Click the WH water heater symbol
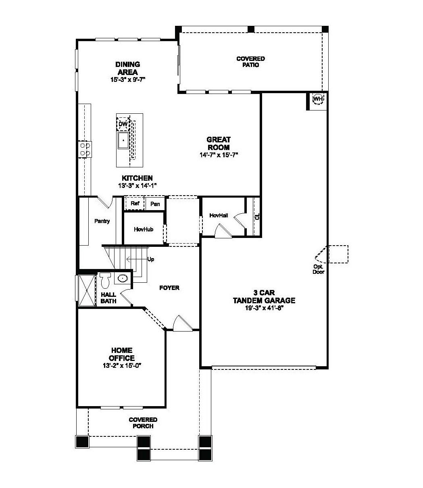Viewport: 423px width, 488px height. click(318, 99)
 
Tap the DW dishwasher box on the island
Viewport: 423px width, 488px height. click(123, 125)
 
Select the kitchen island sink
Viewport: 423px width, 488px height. click(123, 140)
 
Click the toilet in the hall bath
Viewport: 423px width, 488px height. click(106, 279)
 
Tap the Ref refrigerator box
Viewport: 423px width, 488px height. click(135, 204)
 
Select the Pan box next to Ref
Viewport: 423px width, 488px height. click(155, 204)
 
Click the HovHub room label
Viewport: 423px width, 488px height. click(144, 229)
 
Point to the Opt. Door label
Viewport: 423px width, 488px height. click(319, 269)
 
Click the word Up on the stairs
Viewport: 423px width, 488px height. click(151, 259)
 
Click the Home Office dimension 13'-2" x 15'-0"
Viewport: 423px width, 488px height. click(121, 365)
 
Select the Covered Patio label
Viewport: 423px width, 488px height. click(250, 62)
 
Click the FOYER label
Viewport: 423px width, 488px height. click(169, 288)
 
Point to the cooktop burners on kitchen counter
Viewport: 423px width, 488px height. click(85, 149)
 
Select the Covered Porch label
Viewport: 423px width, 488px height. click(143, 423)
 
